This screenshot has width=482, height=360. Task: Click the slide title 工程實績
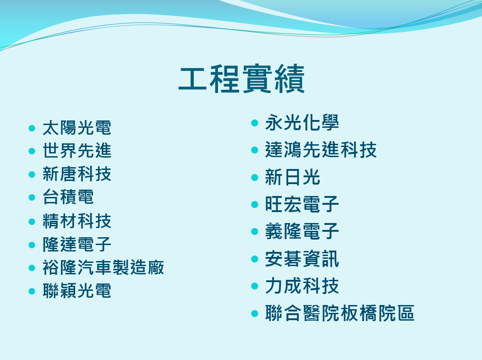click(241, 80)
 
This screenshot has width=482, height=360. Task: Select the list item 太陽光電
click(77, 128)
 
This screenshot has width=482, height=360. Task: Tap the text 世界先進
click(77, 151)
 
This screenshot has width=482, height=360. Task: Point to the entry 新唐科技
click(77, 174)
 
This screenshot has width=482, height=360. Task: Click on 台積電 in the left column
click(68, 197)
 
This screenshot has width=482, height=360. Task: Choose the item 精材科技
click(77, 221)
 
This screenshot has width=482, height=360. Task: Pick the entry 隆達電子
click(77, 244)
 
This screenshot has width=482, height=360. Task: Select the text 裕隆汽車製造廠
click(103, 267)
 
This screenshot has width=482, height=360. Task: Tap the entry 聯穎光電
click(77, 291)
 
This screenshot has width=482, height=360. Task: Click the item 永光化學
click(302, 123)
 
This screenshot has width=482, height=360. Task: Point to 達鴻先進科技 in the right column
click(321, 150)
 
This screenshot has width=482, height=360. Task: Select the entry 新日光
click(292, 177)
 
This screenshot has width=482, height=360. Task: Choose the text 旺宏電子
click(302, 204)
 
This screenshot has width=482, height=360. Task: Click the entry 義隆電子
click(302, 232)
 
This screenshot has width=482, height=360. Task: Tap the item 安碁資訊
click(302, 259)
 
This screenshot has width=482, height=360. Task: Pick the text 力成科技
click(302, 286)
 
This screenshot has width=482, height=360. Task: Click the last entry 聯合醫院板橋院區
click(340, 314)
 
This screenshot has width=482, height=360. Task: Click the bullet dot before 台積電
click(32, 197)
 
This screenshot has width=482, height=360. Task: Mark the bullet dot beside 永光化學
click(255, 123)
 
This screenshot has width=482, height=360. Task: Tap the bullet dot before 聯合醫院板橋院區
click(255, 314)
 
